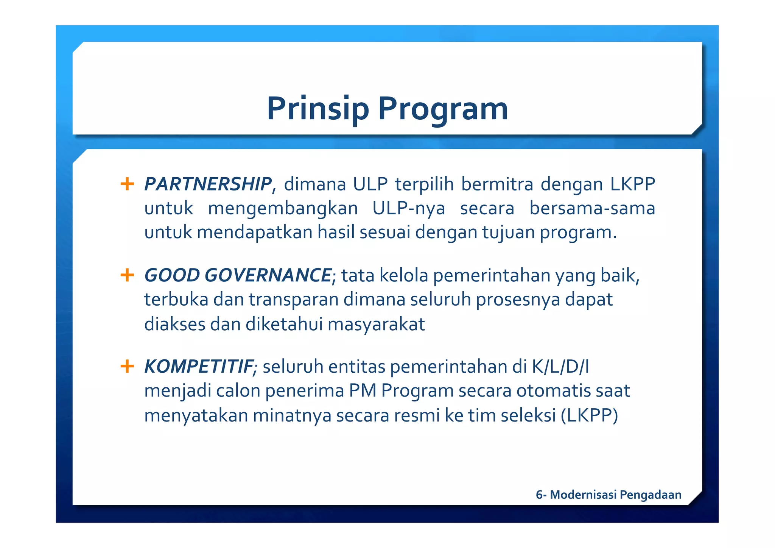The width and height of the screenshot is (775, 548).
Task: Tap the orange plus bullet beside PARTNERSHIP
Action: (127, 184)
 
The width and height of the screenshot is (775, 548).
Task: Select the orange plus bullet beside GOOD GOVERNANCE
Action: (127, 275)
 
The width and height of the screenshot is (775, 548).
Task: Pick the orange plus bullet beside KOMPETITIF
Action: (127, 366)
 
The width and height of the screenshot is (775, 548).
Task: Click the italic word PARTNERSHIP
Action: (208, 184)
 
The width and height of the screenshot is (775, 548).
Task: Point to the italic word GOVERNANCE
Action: (268, 275)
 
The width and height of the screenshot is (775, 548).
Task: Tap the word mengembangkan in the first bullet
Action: (283, 209)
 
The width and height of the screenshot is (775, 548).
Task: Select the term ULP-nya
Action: (409, 209)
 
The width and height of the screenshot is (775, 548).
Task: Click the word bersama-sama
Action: (592, 209)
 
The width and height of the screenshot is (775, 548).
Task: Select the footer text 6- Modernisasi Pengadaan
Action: (608, 495)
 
